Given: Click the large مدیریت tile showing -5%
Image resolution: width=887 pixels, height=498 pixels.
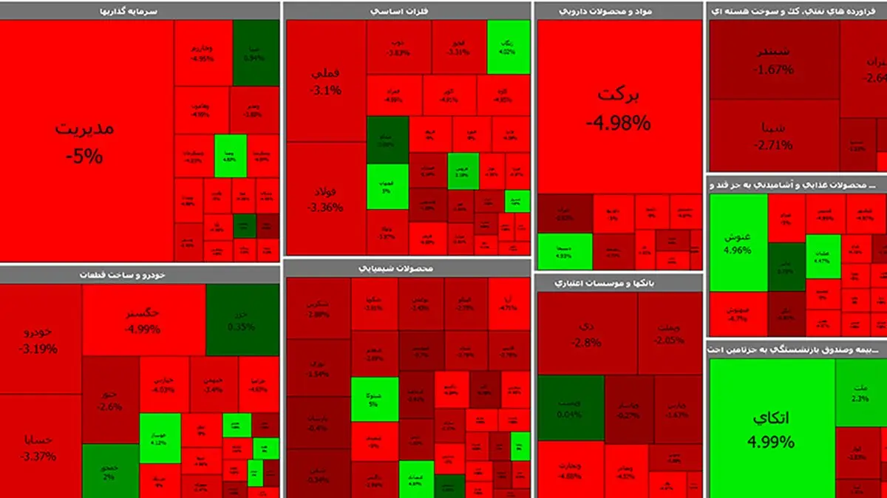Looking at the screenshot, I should [86, 140].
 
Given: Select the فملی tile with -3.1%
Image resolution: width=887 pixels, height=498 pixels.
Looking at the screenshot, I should [326, 81].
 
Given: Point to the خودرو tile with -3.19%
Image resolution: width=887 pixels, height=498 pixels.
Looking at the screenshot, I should [41, 339].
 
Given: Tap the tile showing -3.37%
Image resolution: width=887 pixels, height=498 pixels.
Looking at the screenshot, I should [41, 447].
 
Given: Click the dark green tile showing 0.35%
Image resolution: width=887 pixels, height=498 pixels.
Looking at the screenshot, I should [242, 320].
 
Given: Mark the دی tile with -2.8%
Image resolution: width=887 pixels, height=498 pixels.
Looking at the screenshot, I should [587, 333].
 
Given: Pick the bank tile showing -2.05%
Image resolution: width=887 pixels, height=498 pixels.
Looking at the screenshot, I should [670, 333].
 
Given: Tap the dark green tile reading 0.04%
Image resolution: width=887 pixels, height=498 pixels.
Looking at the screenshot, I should [570, 408].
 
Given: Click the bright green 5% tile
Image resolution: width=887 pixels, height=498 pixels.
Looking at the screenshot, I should [374, 399].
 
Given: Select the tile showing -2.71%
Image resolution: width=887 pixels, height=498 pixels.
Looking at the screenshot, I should [774, 135].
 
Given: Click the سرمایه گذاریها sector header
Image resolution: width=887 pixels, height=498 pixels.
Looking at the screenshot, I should [140, 10].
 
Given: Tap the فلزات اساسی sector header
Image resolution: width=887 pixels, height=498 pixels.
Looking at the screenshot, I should [407, 10].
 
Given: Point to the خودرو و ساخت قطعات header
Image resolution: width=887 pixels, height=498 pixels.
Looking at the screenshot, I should [140, 274].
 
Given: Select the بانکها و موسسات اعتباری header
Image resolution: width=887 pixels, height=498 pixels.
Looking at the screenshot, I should [619, 282].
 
